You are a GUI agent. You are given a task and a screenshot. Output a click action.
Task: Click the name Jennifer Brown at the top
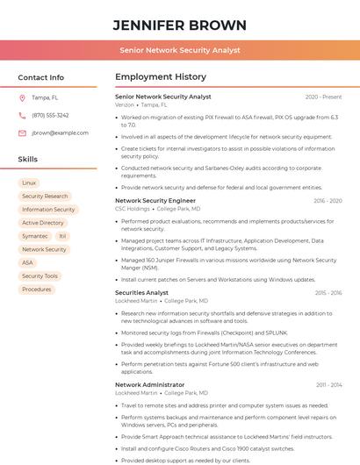click(x=180, y=25)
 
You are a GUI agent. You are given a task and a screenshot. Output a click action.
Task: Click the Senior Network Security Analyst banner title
click(x=180, y=50)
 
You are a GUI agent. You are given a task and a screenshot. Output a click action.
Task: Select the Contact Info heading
click(x=41, y=77)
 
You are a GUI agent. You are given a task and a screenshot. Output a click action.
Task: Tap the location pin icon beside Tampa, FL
click(x=22, y=97)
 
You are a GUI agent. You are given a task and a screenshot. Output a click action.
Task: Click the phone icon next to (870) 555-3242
click(x=22, y=115)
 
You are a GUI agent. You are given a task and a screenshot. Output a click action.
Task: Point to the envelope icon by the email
click(x=22, y=132)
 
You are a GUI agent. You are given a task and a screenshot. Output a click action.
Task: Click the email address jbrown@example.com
click(x=60, y=132)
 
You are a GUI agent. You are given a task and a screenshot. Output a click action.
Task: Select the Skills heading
click(x=28, y=160)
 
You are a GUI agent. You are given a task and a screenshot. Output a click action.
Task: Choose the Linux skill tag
click(x=29, y=182)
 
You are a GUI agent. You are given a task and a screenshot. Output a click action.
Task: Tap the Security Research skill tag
click(x=45, y=197)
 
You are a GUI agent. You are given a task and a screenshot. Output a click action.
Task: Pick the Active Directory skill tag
click(x=43, y=223)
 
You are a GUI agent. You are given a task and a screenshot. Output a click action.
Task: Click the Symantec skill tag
click(x=35, y=236)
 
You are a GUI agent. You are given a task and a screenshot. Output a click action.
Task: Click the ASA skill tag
click(x=28, y=262)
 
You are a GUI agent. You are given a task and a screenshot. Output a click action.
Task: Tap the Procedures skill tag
click(x=37, y=289)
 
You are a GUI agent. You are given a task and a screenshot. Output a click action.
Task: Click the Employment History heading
click(x=161, y=77)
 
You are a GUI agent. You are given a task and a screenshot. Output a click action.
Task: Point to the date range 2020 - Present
click(x=323, y=97)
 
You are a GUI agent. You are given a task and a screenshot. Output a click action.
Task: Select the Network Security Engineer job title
click(x=155, y=201)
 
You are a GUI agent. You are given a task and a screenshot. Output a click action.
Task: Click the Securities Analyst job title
click(x=141, y=292)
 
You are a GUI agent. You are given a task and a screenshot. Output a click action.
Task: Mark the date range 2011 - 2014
click(x=328, y=384)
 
